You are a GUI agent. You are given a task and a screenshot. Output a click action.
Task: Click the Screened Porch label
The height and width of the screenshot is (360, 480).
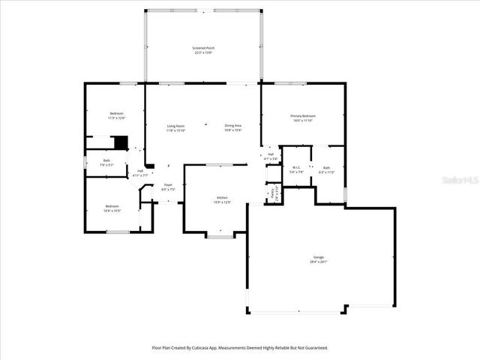click(202, 50)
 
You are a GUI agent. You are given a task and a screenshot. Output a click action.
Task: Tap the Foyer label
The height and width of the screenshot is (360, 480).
click(168, 187)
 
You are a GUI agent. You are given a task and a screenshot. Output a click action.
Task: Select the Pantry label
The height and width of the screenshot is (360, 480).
click(273, 193)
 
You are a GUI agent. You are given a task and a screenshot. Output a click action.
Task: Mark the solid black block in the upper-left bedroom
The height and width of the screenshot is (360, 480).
click(120, 142)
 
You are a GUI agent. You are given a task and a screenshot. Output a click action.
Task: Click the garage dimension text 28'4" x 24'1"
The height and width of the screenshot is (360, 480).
click(319, 262)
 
